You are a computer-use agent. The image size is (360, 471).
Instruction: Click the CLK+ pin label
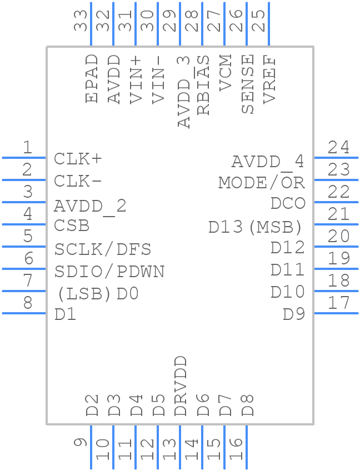[x=78, y=159]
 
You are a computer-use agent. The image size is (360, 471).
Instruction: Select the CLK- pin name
[x=78, y=182]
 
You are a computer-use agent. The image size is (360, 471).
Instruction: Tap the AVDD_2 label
[x=90, y=206]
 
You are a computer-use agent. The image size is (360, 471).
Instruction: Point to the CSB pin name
[x=72, y=226]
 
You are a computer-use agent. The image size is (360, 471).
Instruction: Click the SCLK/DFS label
[x=103, y=249]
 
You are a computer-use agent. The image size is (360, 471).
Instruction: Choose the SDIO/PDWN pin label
[x=109, y=272]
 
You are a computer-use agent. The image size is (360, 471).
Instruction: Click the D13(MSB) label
[x=256, y=227]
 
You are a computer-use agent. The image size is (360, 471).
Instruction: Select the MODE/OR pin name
[x=262, y=182]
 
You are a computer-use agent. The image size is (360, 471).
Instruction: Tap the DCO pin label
[x=288, y=203]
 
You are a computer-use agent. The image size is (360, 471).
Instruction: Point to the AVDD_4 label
[x=268, y=162]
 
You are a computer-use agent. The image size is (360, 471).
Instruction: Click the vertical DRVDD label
[x=181, y=387]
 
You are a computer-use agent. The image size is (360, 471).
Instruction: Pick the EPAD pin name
[x=92, y=78]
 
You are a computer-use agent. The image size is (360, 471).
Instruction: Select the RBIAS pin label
[x=203, y=85]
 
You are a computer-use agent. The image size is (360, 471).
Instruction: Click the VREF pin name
[x=270, y=79]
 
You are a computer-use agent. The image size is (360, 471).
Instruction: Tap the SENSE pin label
[x=248, y=84]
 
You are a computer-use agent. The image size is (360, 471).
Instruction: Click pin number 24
[x=338, y=148]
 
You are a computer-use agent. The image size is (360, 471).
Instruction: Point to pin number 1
[x=27, y=148]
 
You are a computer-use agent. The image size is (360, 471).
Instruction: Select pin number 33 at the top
[x=81, y=21]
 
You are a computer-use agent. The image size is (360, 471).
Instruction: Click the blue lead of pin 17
[x=336, y=313]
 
